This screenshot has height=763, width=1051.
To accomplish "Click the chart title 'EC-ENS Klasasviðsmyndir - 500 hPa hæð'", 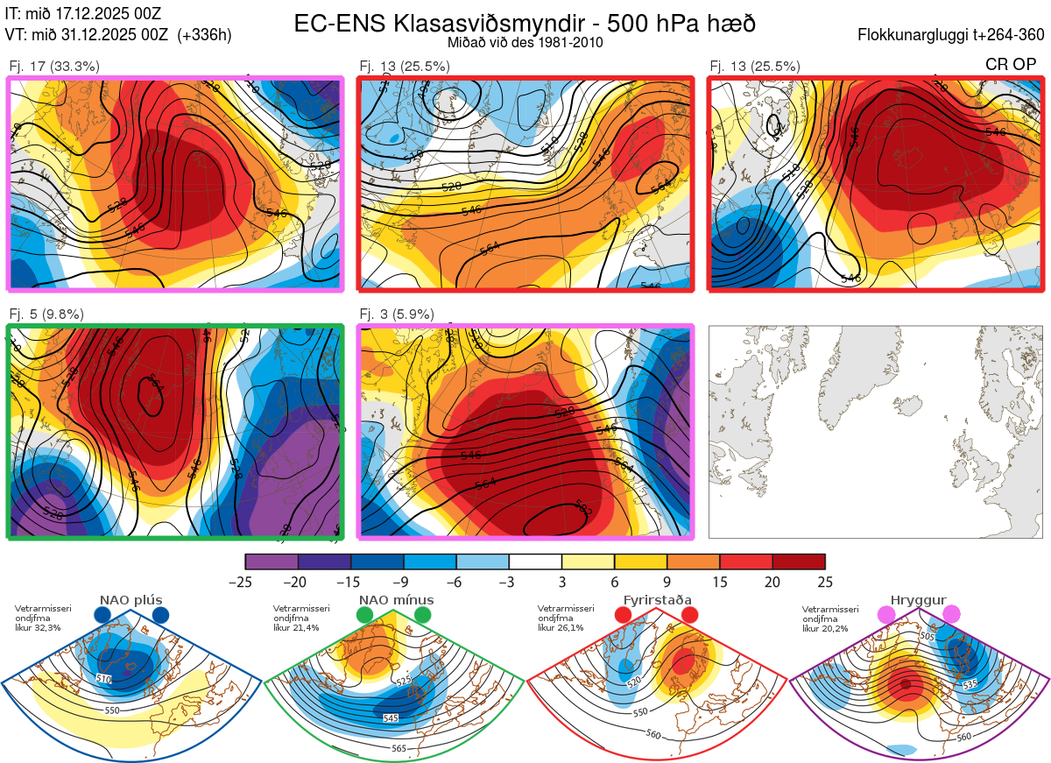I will (525, 24).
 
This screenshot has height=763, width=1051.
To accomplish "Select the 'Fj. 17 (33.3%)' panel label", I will (54, 66).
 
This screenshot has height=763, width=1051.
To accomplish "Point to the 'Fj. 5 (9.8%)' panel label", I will (47, 314).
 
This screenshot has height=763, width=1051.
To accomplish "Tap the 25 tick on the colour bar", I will (824, 581).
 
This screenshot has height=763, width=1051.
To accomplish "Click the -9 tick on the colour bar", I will (404, 581).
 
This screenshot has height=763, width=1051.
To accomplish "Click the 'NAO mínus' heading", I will (396, 600).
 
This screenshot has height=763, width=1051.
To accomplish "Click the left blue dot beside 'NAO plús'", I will (102, 615).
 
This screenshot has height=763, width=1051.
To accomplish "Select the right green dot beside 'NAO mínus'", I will (423, 615).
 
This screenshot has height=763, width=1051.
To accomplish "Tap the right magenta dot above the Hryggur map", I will (951, 615).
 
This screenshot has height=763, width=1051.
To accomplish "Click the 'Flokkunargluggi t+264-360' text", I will (954, 35).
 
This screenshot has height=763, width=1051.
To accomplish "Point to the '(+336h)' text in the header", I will (204, 35).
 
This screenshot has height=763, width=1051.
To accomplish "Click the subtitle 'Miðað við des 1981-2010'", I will (525, 42).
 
